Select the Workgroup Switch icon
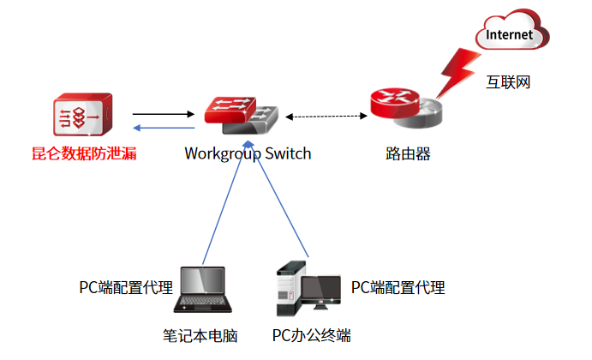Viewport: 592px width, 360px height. (x=241, y=112)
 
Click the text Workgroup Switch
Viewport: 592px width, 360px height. (x=248, y=154)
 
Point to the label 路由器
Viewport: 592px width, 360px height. (x=408, y=154)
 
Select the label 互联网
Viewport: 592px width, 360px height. (x=509, y=82)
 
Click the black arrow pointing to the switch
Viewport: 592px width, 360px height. (x=164, y=113)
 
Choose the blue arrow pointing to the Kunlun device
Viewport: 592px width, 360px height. (x=164, y=129)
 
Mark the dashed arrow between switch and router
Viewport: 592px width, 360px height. (x=327, y=116)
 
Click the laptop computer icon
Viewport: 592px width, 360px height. (x=203, y=290)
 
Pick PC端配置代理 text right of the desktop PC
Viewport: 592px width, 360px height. (x=398, y=286)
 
